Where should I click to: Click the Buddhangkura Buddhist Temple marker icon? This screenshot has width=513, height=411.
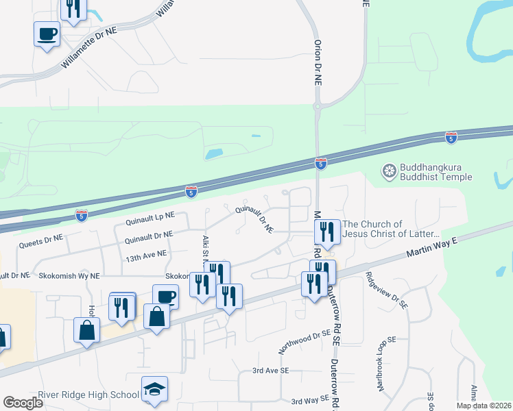click(390, 171)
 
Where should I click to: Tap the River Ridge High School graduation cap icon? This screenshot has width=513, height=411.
click(154, 390)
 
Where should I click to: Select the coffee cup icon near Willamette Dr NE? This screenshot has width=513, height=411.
click(47, 34)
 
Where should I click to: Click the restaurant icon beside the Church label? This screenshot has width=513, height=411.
click(327, 233)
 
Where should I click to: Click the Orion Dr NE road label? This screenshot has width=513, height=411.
click(318, 62)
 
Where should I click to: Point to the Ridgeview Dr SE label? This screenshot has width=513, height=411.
click(386, 290)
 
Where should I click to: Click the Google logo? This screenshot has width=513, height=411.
click(23, 402)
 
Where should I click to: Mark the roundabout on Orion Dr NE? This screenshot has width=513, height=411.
click(318, 106)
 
